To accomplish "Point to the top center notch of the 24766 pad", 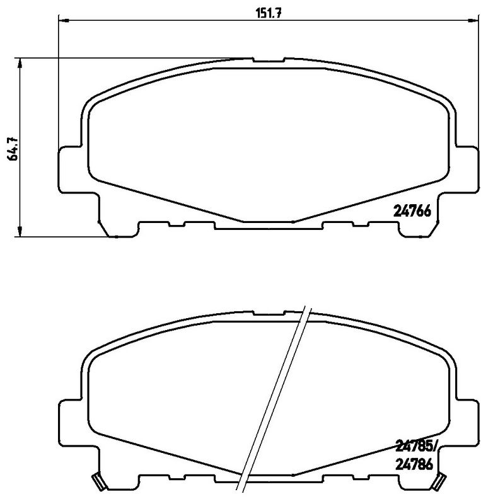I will coord(269,60).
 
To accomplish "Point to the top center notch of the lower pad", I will coord(269,312).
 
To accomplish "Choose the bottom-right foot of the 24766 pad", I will coord(415,232).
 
